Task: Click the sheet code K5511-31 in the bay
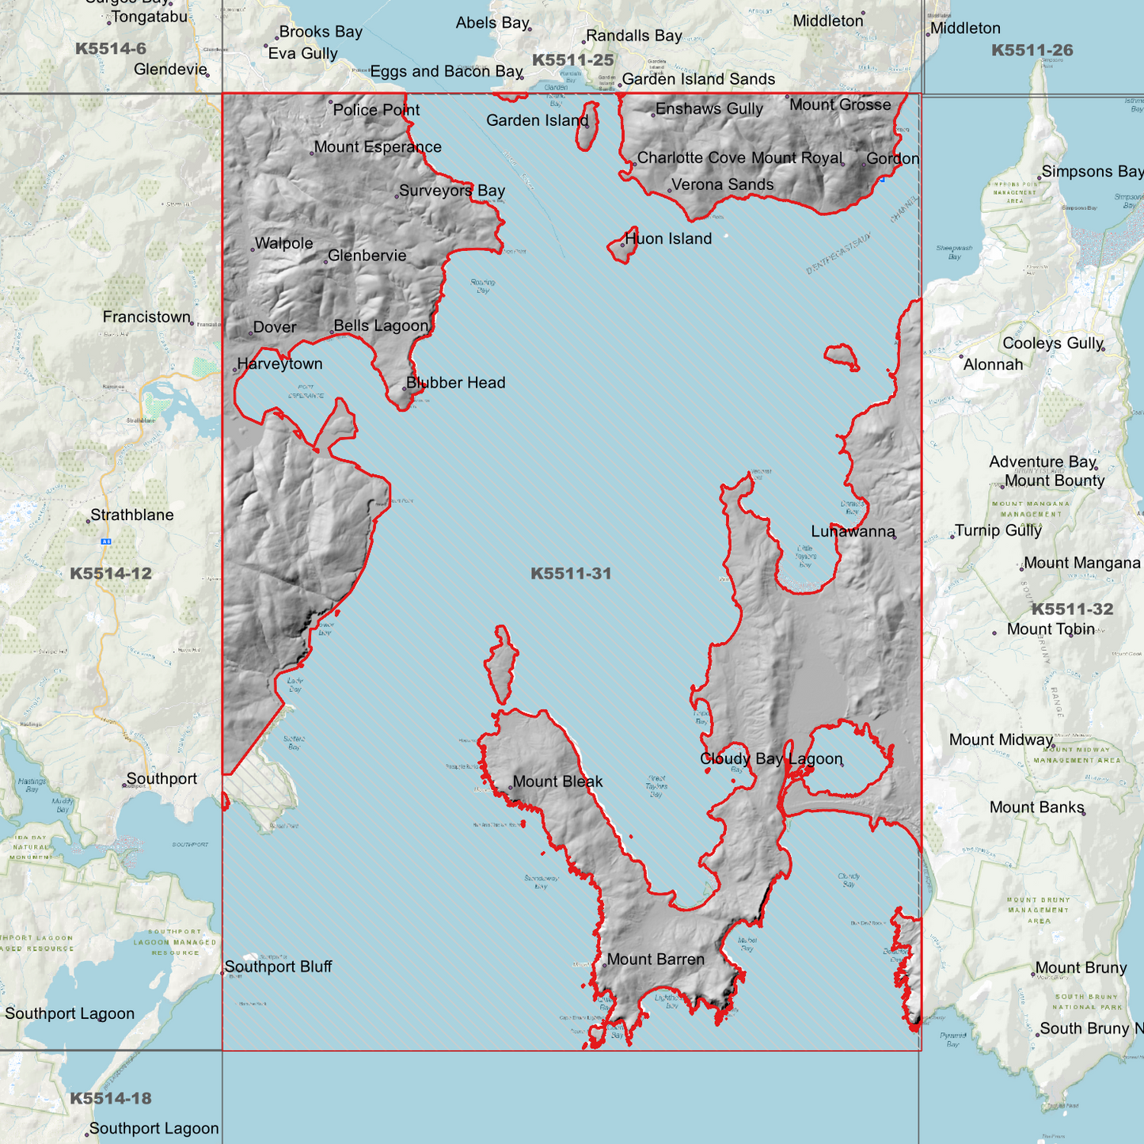tap(571, 574)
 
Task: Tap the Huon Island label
tap(668, 239)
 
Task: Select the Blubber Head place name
tap(455, 383)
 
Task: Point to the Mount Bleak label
tap(557, 782)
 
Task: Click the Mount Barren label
tap(656, 960)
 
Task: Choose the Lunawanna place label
tap(853, 532)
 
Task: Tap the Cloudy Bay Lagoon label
tap(771, 759)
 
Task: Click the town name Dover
tap(275, 328)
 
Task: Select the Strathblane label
tap(132, 515)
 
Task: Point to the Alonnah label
tap(993, 365)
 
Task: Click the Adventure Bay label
tap(1042, 462)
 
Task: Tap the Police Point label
tap(376, 110)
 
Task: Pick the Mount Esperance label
tap(378, 147)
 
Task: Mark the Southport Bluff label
tap(278, 967)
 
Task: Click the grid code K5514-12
tap(111, 574)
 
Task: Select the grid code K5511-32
tap(1072, 610)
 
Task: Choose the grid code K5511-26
tap(1032, 51)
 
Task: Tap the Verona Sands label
tap(722, 185)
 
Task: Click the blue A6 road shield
tap(105, 542)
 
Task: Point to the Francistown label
tap(146, 317)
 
